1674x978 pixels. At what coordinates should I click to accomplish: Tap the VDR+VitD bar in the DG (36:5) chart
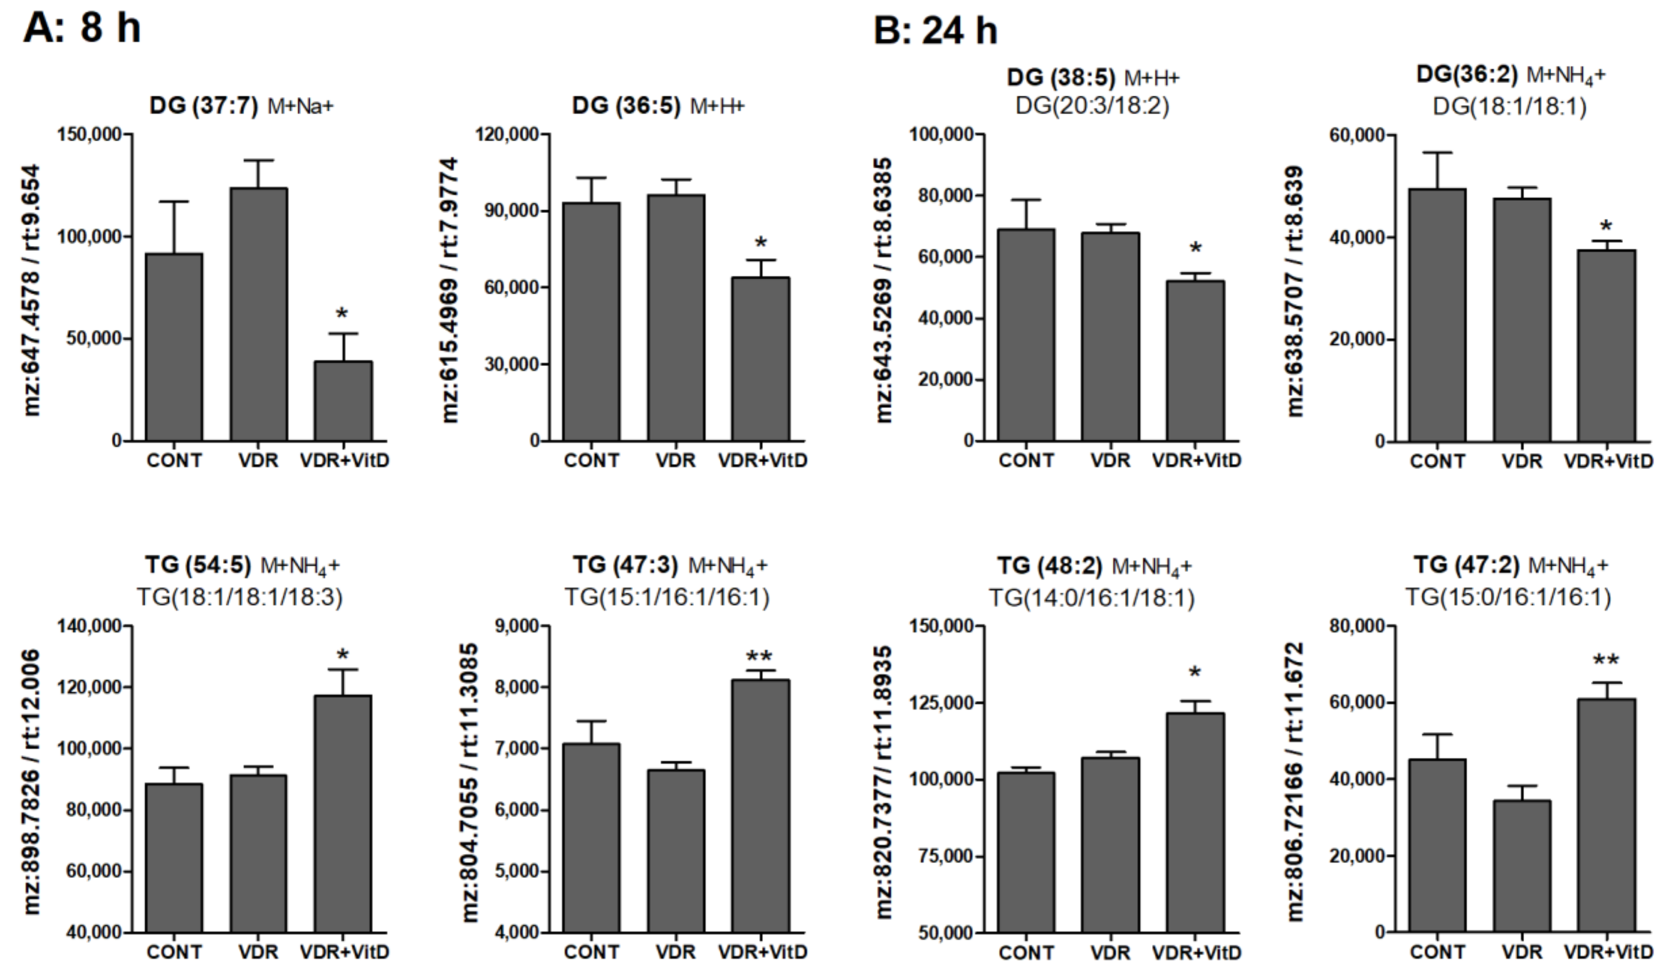760,359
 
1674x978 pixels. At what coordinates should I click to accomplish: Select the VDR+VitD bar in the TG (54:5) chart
343,813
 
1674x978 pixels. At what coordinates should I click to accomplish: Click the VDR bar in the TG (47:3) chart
676,850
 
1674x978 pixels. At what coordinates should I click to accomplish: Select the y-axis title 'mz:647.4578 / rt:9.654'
31,290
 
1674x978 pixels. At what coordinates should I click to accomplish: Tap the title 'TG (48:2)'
1049,565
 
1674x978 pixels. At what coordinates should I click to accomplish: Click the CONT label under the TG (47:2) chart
1437,952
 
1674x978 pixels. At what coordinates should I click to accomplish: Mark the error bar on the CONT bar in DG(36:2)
1437,170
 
